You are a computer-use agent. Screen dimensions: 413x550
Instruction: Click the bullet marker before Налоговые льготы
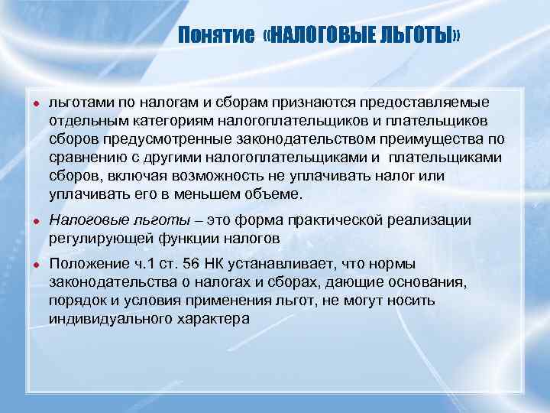[35, 221]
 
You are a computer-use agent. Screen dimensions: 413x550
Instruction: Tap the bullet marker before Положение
[35, 265]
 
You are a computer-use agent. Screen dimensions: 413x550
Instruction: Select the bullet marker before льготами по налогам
[35, 103]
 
